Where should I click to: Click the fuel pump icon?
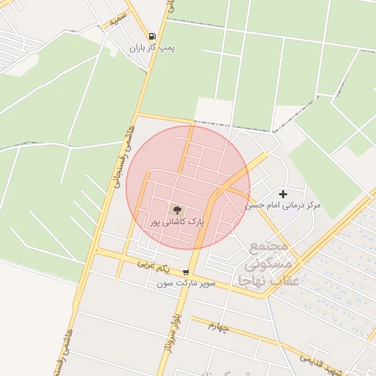point(152,35)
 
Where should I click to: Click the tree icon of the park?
point(176,209)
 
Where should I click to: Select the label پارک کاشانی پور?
point(177,221)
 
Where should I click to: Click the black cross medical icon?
point(283,194)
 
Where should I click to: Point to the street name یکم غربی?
point(154,264)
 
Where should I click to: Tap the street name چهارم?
point(218,326)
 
